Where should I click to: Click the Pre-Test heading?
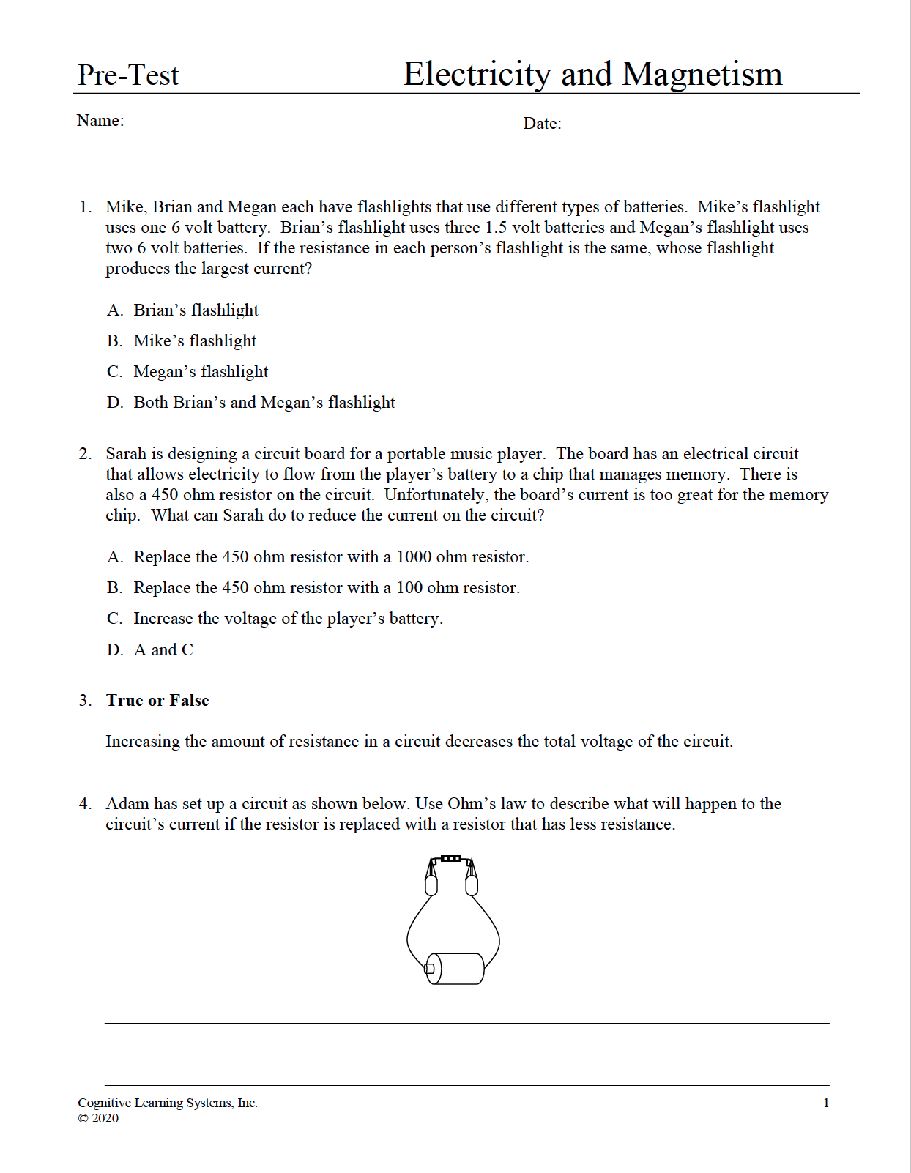(x=128, y=75)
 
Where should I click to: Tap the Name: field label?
(x=100, y=121)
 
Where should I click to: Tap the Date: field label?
(x=542, y=124)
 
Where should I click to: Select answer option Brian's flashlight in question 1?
(x=196, y=310)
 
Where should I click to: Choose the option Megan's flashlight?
(x=201, y=372)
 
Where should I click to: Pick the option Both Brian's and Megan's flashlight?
(x=264, y=403)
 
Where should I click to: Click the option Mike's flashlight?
(x=195, y=341)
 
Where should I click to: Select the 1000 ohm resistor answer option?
(x=330, y=557)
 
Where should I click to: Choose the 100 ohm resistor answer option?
(x=326, y=588)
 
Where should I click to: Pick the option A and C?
(x=163, y=650)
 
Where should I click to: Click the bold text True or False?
(x=157, y=701)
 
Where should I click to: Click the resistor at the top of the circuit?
(x=450, y=858)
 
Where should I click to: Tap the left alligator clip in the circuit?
(x=431, y=879)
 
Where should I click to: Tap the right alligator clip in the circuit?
(x=472, y=879)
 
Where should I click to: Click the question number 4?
(x=85, y=804)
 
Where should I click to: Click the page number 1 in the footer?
(x=826, y=1103)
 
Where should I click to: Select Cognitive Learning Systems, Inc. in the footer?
(x=168, y=1103)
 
